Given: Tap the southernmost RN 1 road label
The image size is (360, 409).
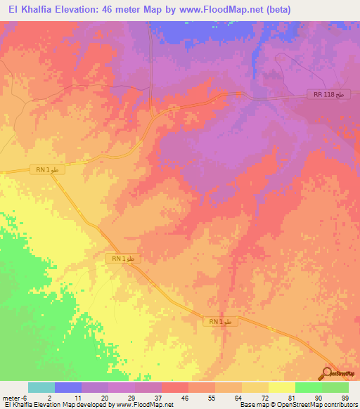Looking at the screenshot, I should click(x=224, y=321).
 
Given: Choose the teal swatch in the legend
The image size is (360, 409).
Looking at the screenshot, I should click(x=41, y=387).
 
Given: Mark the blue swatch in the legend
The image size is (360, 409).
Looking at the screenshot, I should click(x=68, y=387).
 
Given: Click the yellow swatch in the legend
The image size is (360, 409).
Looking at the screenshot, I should click(x=281, y=387).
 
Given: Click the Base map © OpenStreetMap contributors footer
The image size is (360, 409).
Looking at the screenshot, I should click(x=297, y=405).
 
